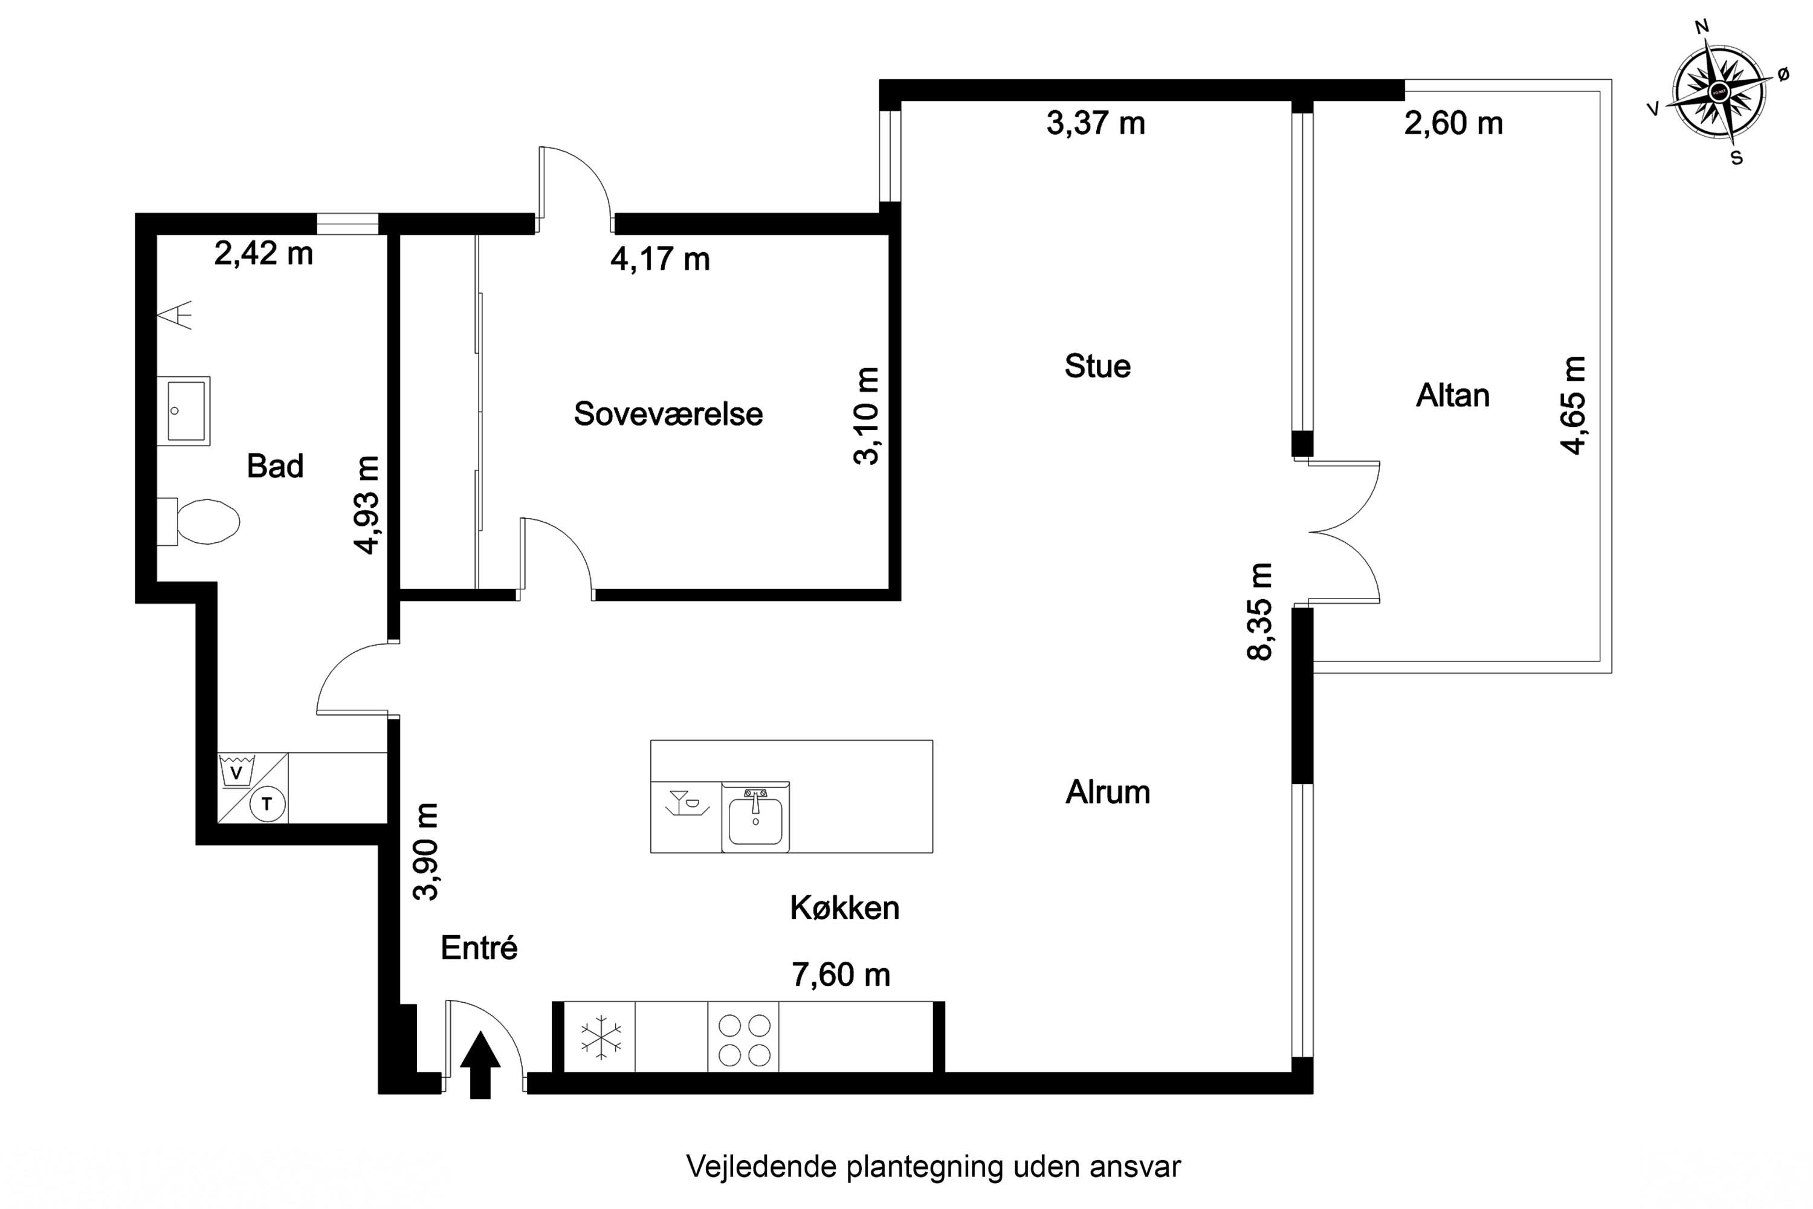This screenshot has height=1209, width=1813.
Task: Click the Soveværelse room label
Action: pos(668,414)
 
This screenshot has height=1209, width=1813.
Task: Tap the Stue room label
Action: pos(1097,366)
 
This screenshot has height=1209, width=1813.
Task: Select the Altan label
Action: pos(1452,395)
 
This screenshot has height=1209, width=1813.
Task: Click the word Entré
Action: pos(479,948)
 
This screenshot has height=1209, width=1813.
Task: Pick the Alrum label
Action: pos(1108,792)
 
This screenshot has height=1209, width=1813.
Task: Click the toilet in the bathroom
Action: pos(198,522)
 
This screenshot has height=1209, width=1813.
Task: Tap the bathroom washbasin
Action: pos(184,411)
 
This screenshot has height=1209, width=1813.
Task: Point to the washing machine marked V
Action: pos(238,771)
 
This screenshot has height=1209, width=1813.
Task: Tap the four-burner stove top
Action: pos(744,1037)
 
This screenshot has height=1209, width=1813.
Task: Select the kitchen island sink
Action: pos(755,817)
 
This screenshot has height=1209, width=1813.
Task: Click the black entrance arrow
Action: pos(480,1065)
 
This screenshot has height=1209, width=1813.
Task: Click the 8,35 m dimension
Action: pos(1259,611)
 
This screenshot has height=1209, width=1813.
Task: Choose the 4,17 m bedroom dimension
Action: pos(660,259)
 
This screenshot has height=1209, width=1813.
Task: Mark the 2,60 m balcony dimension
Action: pos(1453,123)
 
